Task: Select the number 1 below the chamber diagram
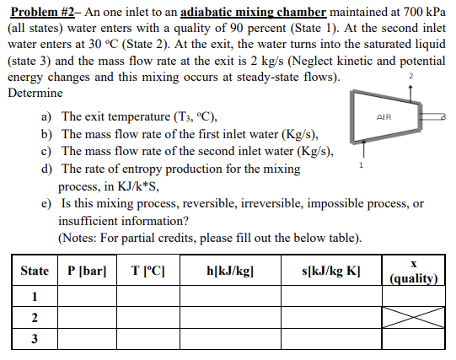click(x=362, y=166)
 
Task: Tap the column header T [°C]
click(x=148, y=271)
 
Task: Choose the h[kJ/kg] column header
click(x=230, y=271)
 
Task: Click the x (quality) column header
click(x=414, y=271)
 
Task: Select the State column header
click(x=35, y=271)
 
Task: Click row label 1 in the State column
click(x=35, y=297)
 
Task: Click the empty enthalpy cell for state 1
click(x=230, y=297)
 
